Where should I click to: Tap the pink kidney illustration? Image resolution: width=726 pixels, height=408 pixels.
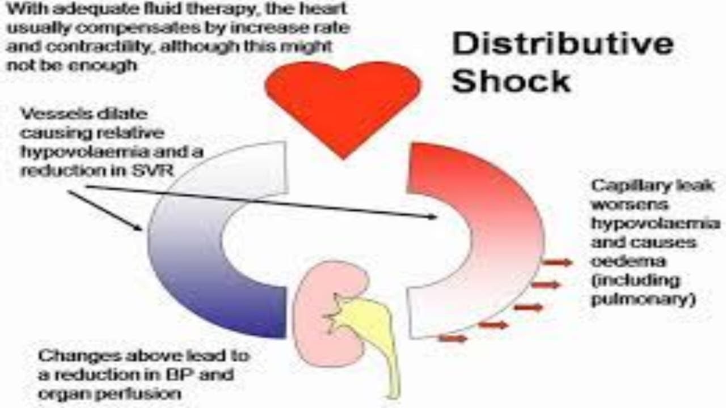[x=318, y=317]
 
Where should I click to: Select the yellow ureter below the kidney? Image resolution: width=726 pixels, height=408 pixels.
[x=374, y=334]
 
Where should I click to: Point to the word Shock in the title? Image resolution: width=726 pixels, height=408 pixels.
[x=511, y=81]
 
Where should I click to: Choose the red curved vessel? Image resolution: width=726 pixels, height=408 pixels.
[x=499, y=227]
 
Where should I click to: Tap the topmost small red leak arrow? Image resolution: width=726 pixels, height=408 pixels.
[x=557, y=262]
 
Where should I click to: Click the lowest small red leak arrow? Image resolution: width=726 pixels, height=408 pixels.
[x=453, y=339]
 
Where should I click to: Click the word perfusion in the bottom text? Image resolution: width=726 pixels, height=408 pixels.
[x=141, y=393]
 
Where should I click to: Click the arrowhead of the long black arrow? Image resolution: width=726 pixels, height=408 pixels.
[x=433, y=216]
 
